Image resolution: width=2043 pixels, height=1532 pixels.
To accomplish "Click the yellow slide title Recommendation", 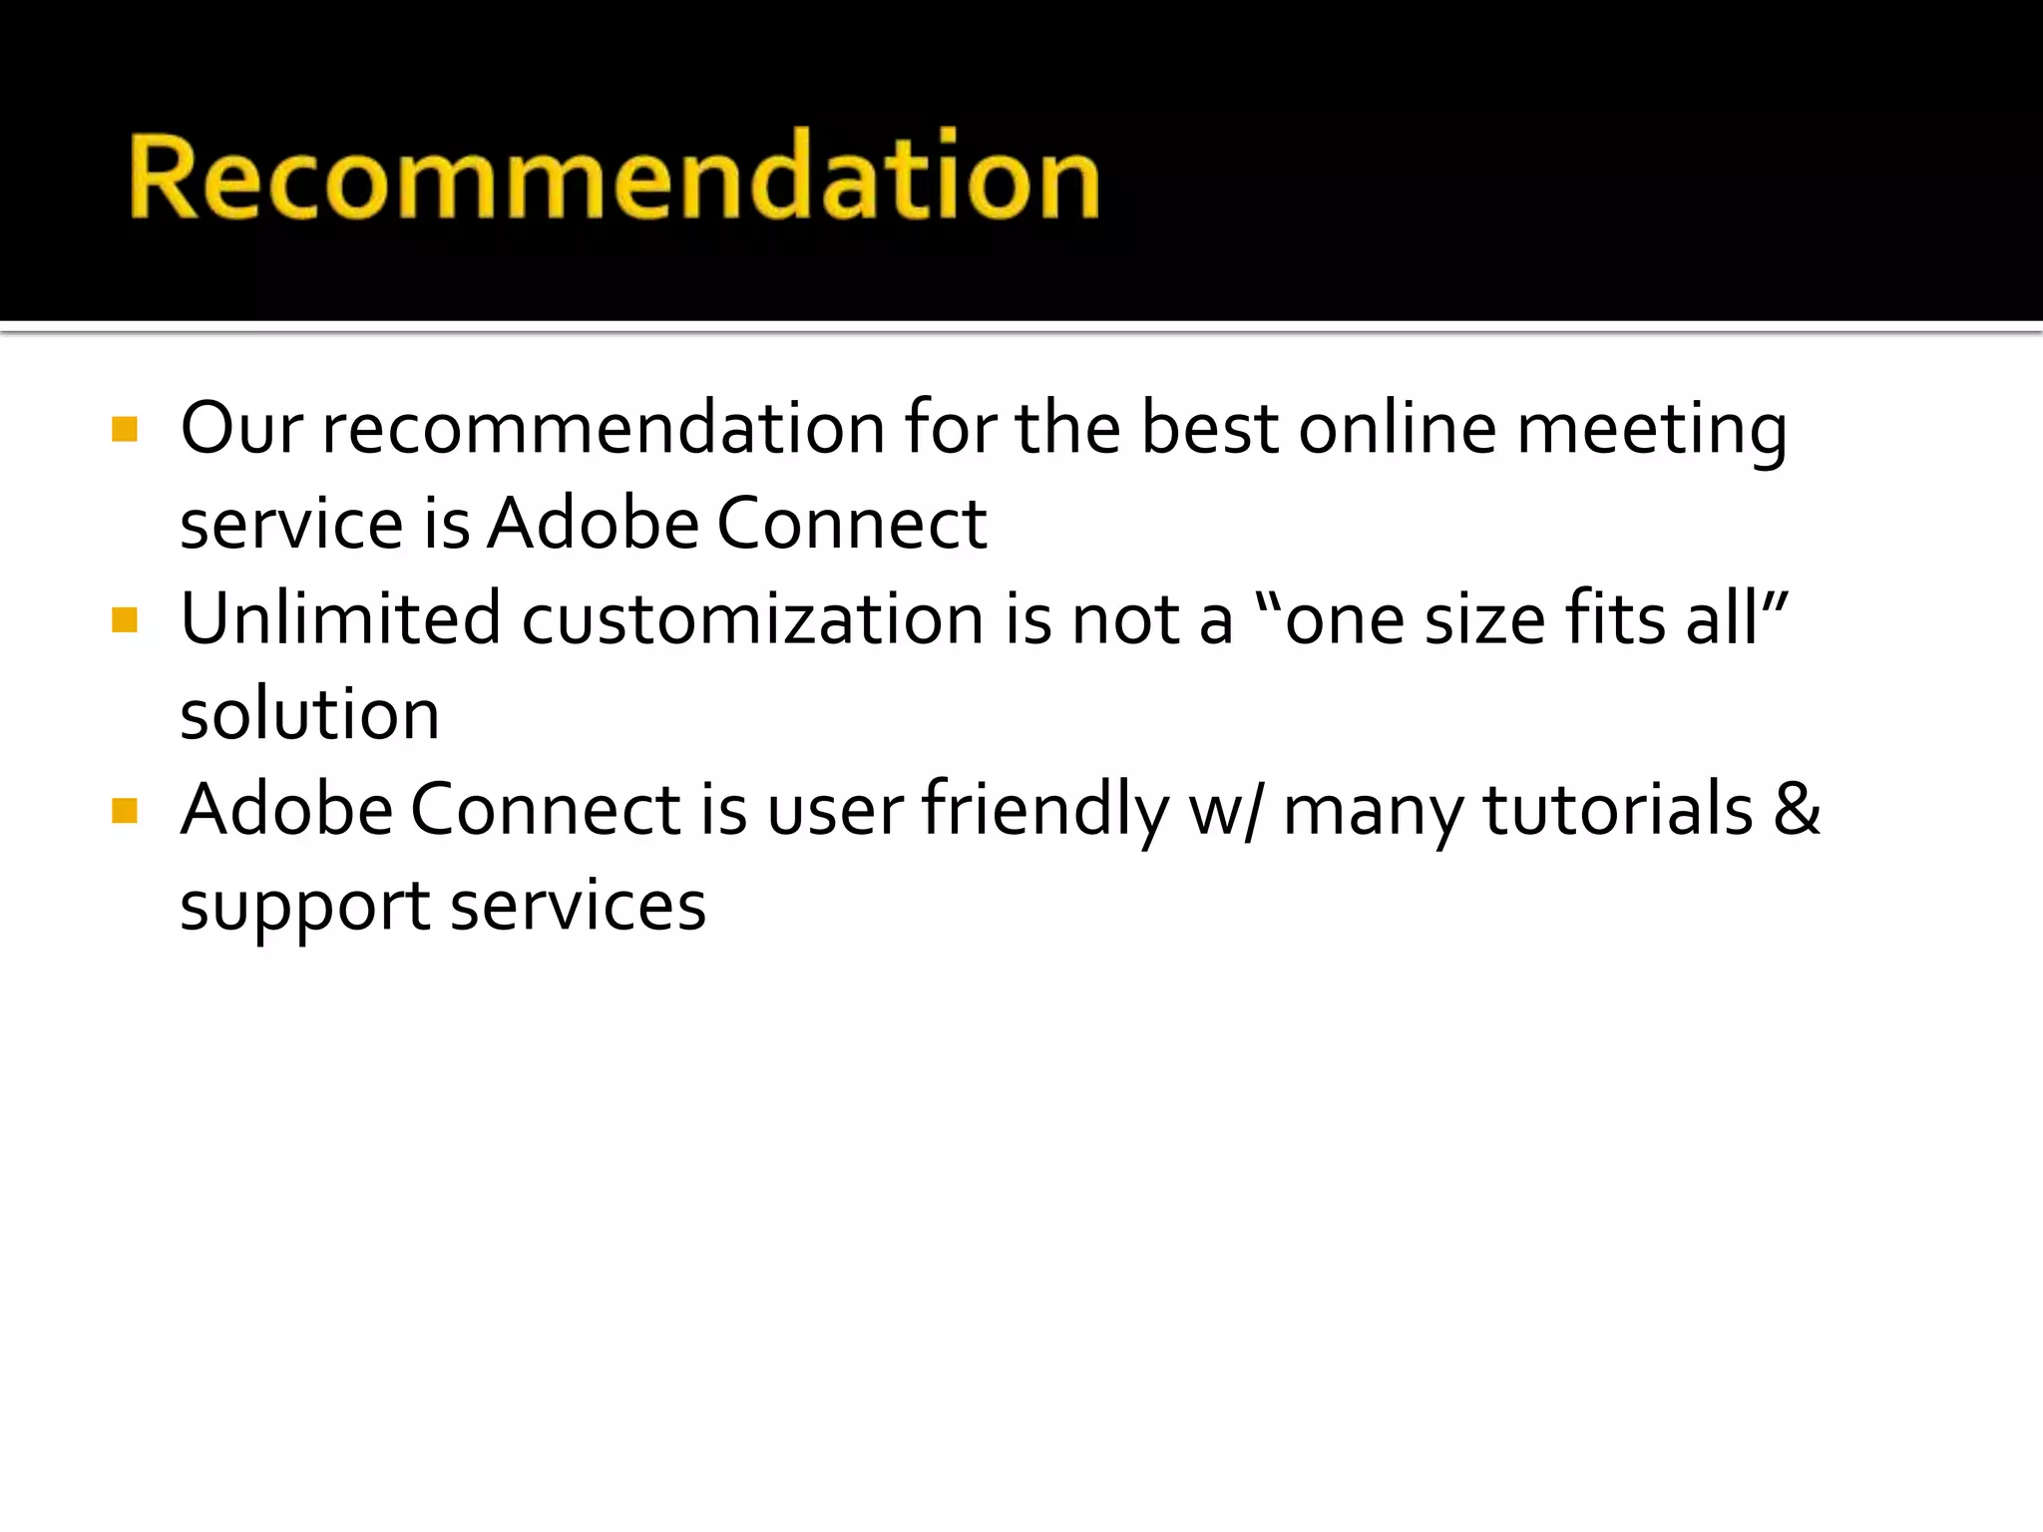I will tap(613, 178).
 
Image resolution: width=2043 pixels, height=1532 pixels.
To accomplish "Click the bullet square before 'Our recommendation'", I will tap(125, 429).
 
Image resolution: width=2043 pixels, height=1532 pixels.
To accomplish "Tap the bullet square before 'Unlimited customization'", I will tap(125, 620).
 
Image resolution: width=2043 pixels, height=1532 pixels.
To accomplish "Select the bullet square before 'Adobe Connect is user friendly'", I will tap(125, 810).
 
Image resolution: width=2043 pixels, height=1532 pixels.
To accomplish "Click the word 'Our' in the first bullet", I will tap(241, 429).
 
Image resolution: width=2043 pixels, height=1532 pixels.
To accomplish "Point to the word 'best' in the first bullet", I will tap(1209, 429).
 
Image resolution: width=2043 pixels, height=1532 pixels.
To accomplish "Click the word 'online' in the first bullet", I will tap(1398, 429).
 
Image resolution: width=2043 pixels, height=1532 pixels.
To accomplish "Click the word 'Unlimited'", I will tap(340, 618).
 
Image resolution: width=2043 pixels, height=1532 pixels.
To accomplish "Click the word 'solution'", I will tap(309, 714).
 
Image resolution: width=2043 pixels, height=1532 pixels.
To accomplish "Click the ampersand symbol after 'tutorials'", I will tap(1797, 808).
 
